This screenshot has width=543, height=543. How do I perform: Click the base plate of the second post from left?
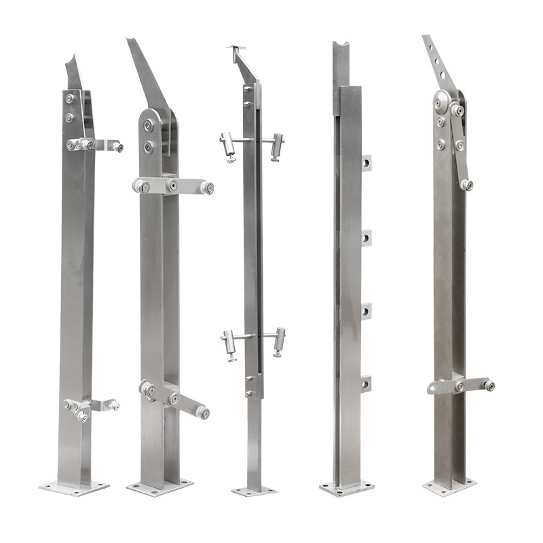(x=160, y=488)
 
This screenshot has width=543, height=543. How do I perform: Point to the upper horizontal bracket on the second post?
(x=173, y=186)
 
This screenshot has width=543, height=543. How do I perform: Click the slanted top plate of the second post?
(x=145, y=75)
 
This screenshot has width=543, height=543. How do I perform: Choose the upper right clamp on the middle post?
(x=276, y=146)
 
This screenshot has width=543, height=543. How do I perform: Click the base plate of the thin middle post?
(x=254, y=490)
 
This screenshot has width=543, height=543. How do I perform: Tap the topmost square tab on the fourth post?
(x=367, y=163)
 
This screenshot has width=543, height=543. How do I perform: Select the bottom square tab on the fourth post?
(x=367, y=383)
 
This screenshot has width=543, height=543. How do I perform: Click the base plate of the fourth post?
(x=346, y=488)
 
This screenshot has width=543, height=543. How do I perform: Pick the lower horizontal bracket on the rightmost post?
(x=461, y=386)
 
